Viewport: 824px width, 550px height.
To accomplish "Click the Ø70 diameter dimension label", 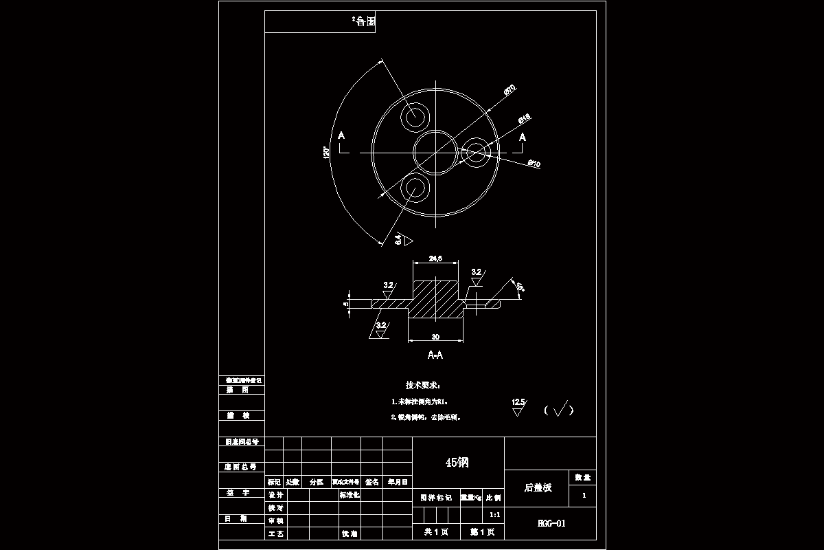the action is (x=510, y=89).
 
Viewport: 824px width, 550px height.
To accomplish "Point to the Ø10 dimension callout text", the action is (x=534, y=164).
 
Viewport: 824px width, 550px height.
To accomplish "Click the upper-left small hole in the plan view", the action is (x=415, y=117).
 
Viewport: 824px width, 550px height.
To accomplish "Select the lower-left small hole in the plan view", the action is (x=415, y=186).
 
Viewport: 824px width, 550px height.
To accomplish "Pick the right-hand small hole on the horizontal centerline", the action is (x=475, y=152).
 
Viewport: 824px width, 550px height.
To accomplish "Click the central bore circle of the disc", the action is (x=435, y=151).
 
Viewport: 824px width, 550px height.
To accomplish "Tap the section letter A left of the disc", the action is (x=342, y=137).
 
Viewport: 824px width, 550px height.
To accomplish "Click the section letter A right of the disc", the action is (x=523, y=137).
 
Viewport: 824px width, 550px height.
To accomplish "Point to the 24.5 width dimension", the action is (x=435, y=258).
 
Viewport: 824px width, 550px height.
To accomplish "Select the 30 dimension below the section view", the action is (x=435, y=336).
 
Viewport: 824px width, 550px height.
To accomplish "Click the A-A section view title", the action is (x=435, y=355).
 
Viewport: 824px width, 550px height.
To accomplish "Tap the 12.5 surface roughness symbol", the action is (x=518, y=406).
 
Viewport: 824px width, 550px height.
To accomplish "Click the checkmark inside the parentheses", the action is (x=558, y=410).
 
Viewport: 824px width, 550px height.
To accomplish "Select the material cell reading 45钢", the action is (x=457, y=462).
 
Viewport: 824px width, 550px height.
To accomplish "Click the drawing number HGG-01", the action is (x=551, y=523).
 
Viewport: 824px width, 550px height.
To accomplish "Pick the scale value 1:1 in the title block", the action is (x=494, y=514).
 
